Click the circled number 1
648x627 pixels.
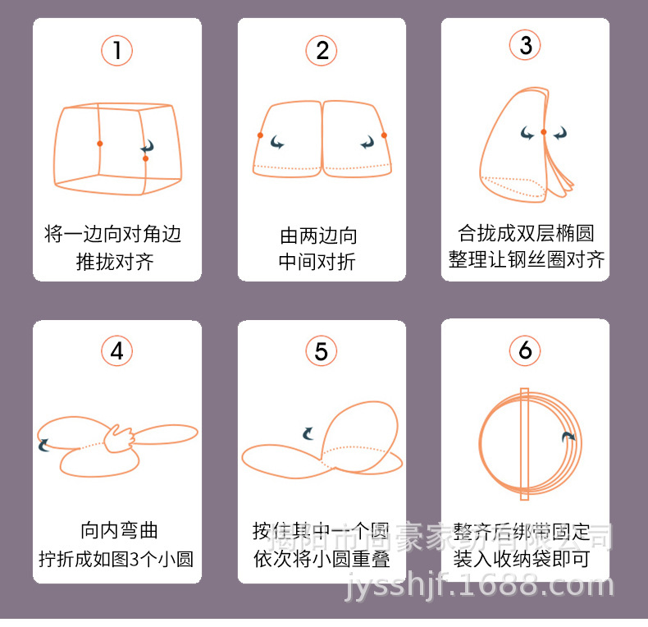117,51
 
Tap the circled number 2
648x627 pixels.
322,51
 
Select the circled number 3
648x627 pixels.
526,45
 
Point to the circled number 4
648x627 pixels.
117,351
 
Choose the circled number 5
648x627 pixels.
322,351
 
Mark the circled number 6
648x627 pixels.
526,351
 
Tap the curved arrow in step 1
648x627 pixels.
148,147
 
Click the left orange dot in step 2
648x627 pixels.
260,135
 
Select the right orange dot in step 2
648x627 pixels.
384,135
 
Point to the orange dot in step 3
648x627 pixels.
543,131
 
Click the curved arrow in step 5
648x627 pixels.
308,432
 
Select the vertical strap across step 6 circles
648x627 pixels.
525,442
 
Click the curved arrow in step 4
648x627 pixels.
44,444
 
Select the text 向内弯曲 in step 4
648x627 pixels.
116,530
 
